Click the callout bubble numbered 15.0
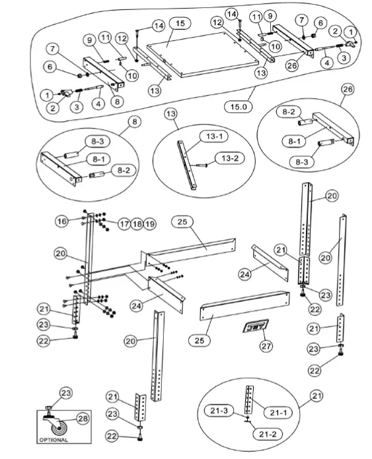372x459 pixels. (x=236, y=105)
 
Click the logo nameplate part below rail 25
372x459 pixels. (x=254, y=327)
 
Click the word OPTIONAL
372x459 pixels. (x=54, y=440)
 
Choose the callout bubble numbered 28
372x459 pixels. (x=83, y=418)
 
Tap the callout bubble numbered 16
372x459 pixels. (x=61, y=222)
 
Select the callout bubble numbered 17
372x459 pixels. (x=123, y=224)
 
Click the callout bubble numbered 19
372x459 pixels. (x=149, y=224)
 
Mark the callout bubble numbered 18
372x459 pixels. (x=136, y=224)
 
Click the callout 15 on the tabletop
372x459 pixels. (x=177, y=23)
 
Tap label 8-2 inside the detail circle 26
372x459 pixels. (x=289, y=113)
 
